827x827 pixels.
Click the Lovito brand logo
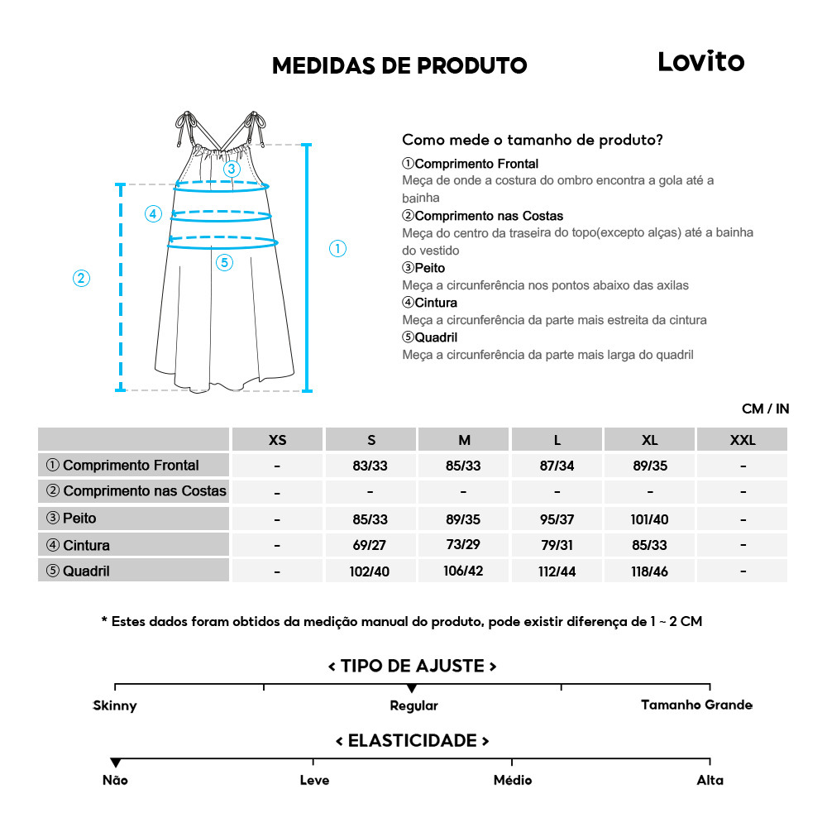tap(700, 61)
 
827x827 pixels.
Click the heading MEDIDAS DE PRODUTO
tap(399, 65)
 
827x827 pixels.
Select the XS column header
tap(278, 440)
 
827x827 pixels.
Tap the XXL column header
tap(743, 440)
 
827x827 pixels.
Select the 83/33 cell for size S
tap(370, 466)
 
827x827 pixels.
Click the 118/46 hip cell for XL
tap(650, 571)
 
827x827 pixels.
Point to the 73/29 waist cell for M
tap(463, 545)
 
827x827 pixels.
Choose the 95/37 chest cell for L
tap(557, 519)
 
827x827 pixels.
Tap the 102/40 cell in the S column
tap(370, 571)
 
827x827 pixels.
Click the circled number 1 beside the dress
tap(337, 248)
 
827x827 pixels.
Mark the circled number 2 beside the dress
tap(81, 278)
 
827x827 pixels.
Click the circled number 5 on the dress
tap(224, 263)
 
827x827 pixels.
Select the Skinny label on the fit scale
tap(115, 705)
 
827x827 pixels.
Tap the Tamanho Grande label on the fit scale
tap(696, 705)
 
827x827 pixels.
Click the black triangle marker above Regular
tap(412, 688)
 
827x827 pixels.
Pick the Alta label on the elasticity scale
tap(710, 780)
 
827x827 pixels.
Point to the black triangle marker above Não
tap(115, 762)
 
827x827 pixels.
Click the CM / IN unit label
tap(765, 409)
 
